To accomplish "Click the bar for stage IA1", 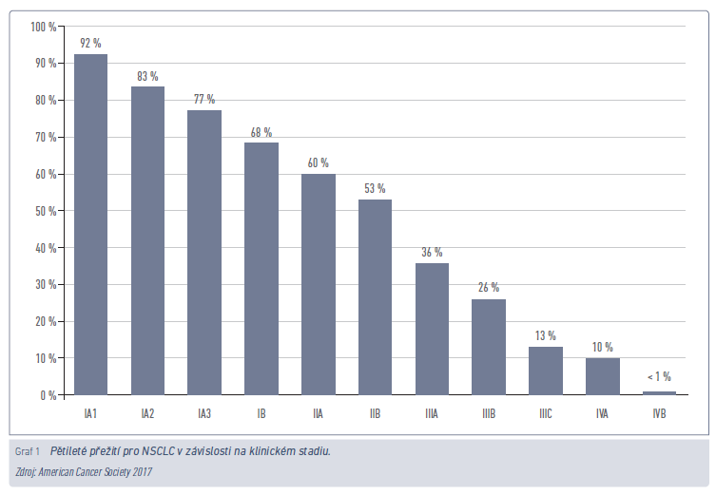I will tap(90, 224).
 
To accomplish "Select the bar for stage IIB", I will tap(375, 296).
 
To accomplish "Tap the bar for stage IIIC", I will tap(545, 371).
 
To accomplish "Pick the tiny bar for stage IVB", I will tap(659, 392).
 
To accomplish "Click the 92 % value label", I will tap(90, 42).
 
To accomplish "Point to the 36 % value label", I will tap(432, 252).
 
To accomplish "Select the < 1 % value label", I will tap(658, 376).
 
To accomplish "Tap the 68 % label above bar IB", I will tap(261, 131).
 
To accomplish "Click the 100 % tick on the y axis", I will tap(44, 27).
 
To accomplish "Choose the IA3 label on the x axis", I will tap(203, 414).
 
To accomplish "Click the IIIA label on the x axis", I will tap(432, 414).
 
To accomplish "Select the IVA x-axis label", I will tap(602, 414).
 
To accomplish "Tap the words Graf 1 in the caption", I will tap(27, 450).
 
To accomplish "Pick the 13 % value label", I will tap(545, 335).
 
